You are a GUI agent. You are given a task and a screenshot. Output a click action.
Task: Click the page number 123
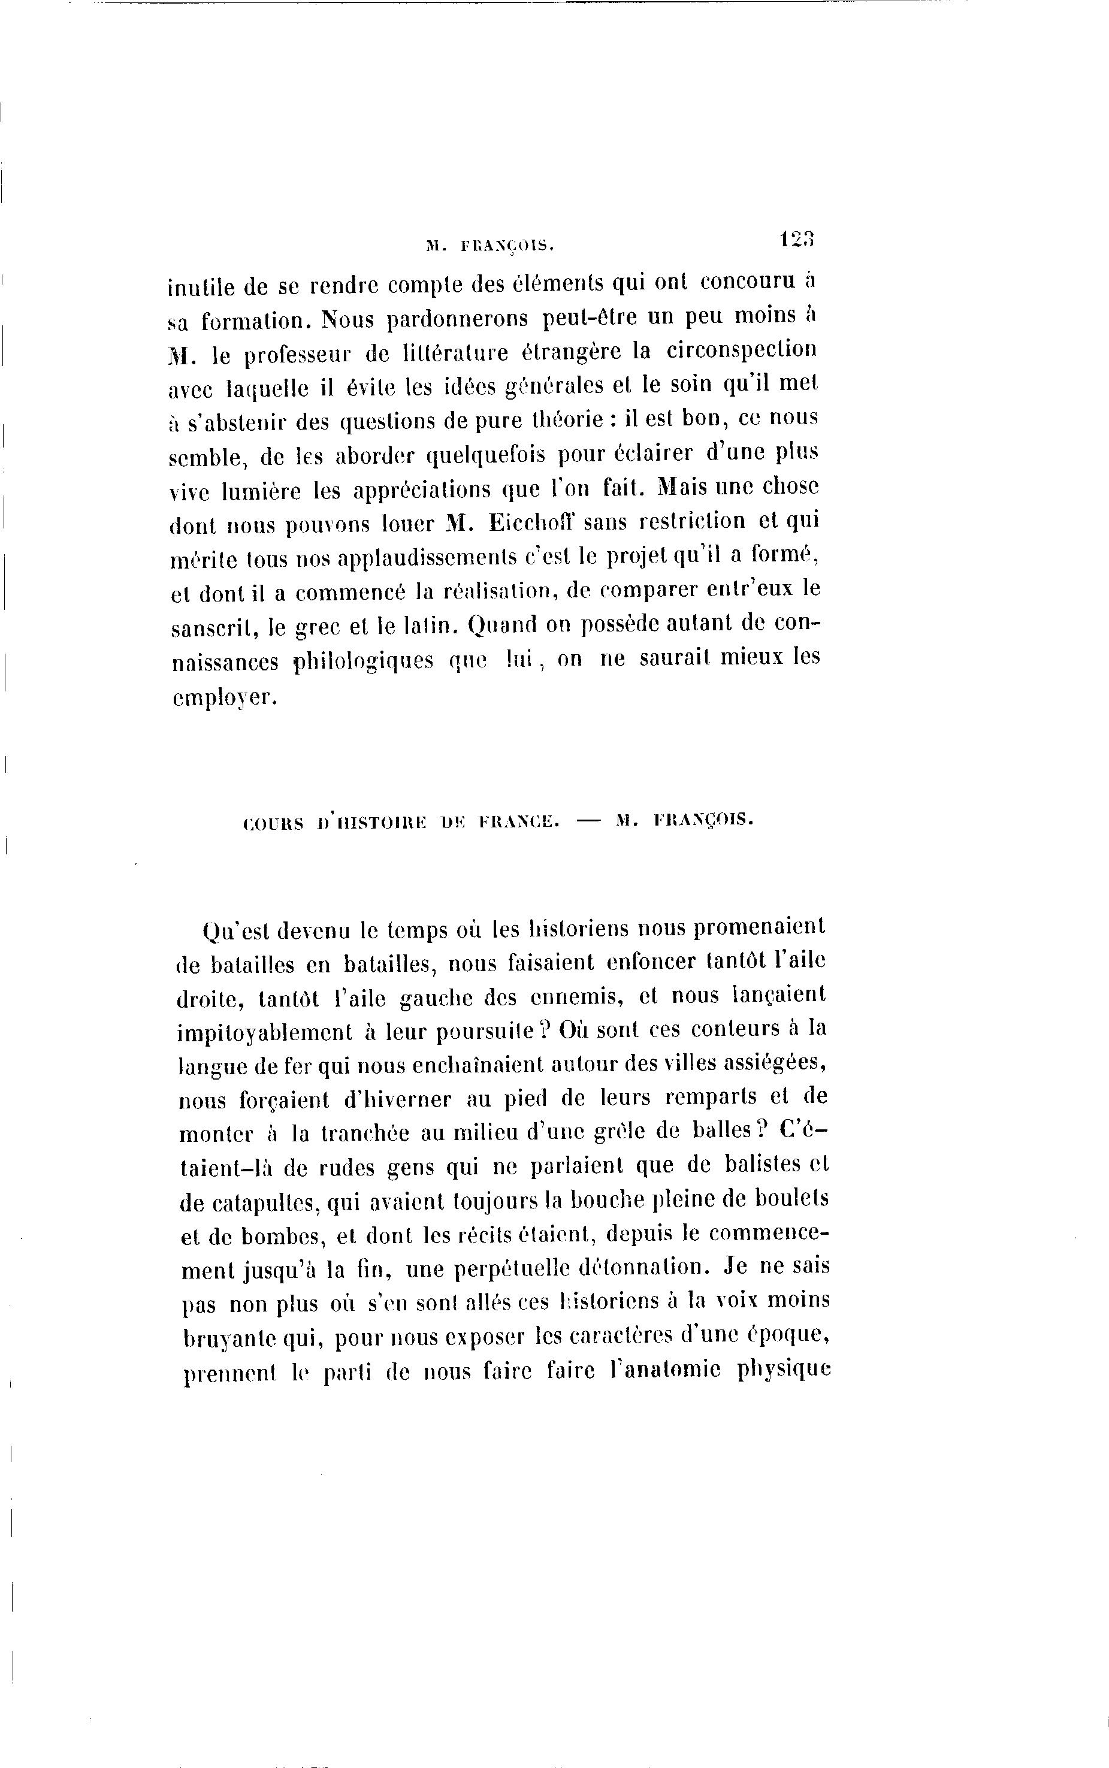[x=797, y=240]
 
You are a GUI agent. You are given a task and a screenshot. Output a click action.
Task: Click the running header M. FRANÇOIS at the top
[x=489, y=247]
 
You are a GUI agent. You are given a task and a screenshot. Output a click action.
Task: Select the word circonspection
[x=742, y=350]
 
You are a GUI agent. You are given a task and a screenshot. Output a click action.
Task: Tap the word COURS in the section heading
[x=272, y=823]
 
